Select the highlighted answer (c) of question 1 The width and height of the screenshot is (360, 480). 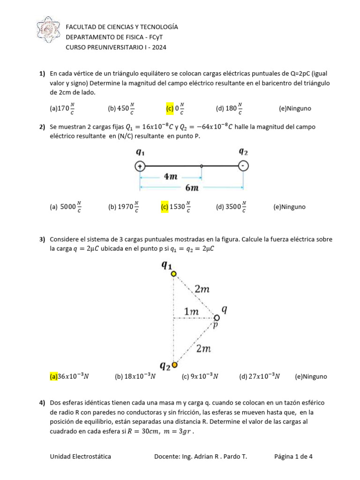pos(170,109)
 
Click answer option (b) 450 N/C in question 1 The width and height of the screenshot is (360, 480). pos(121,109)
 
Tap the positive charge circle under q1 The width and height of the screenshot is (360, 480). pos(140,166)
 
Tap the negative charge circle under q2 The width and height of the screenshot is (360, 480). pos(243,166)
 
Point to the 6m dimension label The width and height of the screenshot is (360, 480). pos(192,188)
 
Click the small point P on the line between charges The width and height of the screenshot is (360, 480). pos(202,166)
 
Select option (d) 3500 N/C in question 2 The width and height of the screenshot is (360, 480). pos(230,206)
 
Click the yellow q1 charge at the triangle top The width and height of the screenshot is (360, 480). pos(173,274)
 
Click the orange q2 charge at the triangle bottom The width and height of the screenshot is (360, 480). pos(174,365)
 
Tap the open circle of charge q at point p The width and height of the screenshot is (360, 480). pos(217,318)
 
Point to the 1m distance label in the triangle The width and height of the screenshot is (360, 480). pos(191,311)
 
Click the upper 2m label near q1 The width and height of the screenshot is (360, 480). pos(202,289)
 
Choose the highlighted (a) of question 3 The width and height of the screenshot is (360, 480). pos(53,376)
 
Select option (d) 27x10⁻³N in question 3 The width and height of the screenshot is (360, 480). pos(259,376)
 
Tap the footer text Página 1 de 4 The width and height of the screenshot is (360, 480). pos(293,457)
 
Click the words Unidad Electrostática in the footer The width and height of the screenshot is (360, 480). pos(81,457)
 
